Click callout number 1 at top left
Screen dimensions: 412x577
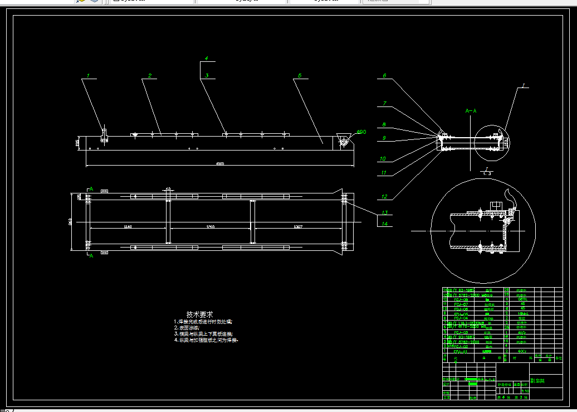tap(87, 75)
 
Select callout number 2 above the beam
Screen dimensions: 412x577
tap(150, 75)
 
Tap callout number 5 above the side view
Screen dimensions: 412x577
tap(300, 75)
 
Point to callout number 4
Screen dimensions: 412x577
tap(206, 58)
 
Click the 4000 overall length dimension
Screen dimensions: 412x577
tap(220, 163)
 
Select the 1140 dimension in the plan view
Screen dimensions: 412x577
tap(128, 227)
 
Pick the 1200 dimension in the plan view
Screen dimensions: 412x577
tap(210, 227)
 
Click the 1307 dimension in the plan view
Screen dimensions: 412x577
tap(297, 227)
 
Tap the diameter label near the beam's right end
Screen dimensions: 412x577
tap(361, 132)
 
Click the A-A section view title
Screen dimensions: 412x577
tap(471, 111)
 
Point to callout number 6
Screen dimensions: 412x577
tap(384, 75)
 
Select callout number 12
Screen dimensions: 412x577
tap(384, 196)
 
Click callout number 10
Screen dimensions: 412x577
tap(383, 158)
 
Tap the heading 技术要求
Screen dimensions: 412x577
tap(199, 314)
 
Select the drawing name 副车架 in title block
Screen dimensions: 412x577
tap(538, 381)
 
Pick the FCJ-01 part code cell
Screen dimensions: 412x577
tap(460, 352)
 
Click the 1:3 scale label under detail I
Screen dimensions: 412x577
tap(487, 173)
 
